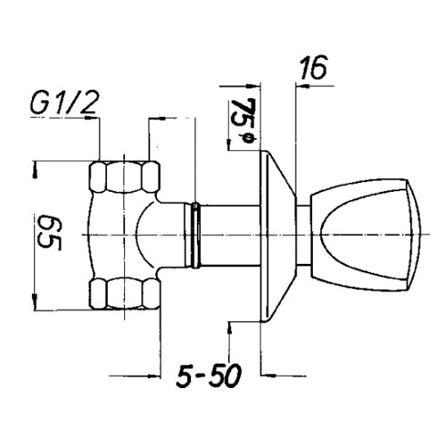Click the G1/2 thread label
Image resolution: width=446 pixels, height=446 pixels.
click(x=64, y=103)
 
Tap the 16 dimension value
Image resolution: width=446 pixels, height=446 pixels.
click(x=313, y=68)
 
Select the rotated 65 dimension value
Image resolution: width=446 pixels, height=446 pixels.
click(x=49, y=233)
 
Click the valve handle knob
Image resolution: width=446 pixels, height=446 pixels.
click(x=366, y=235)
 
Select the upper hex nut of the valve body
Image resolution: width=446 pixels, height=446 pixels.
click(x=125, y=178)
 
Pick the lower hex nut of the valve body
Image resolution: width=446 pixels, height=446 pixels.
click(x=125, y=293)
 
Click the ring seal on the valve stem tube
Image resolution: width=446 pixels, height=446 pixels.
click(x=195, y=235)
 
